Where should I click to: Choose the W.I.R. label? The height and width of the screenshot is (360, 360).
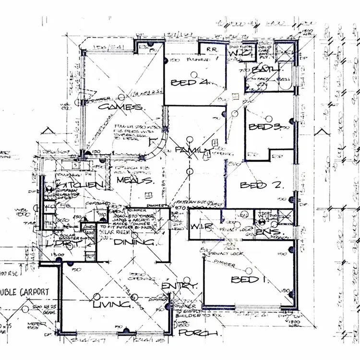[x=198, y=227]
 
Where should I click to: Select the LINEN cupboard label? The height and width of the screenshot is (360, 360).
[x=90, y=227]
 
